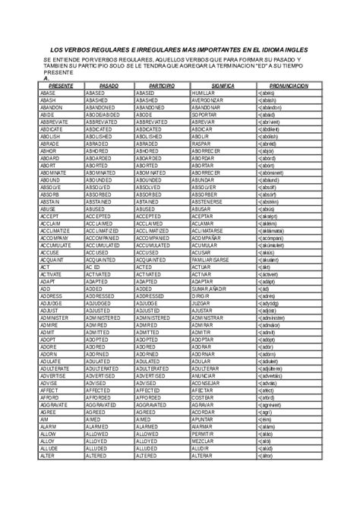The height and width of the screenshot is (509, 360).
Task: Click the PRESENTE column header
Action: [60, 87]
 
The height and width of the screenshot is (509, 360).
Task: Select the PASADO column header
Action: [109, 87]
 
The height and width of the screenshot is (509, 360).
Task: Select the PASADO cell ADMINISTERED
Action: [109, 361]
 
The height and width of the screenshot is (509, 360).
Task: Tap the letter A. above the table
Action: [47, 78]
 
